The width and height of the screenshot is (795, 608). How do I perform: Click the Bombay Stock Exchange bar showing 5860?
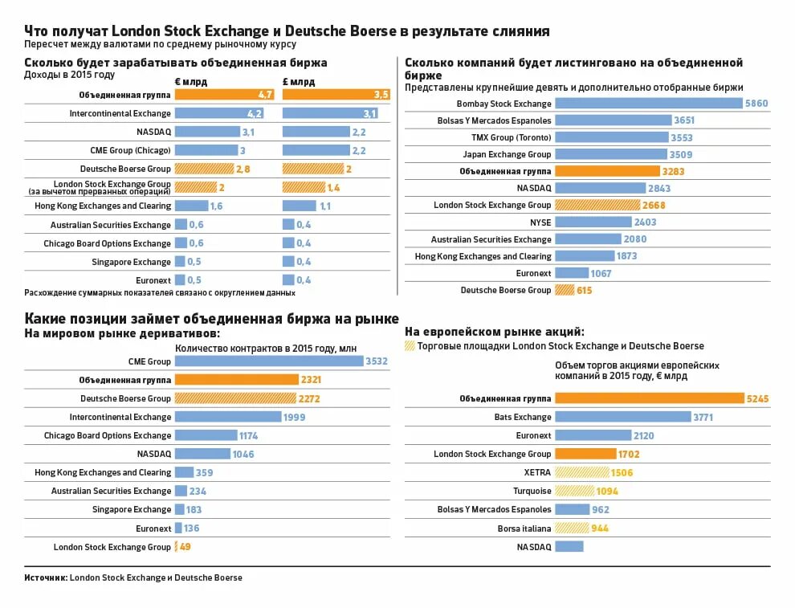649,104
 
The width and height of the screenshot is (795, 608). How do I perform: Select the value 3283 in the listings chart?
672,171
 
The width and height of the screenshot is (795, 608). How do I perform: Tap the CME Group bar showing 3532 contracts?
269,361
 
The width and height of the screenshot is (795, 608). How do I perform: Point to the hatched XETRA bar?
581,472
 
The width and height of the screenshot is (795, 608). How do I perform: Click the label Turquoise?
532,491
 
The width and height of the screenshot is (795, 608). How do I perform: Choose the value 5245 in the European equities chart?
757,398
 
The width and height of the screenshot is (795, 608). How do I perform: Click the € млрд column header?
190,82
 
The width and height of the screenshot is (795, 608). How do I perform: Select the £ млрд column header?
299,82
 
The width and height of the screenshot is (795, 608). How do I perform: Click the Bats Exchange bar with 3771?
622,417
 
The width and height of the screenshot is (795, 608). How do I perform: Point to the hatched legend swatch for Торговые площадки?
410,346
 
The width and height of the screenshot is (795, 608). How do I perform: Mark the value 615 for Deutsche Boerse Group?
584,290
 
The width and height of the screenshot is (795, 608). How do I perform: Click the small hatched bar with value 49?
177,547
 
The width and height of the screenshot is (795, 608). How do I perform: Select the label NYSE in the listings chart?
540,222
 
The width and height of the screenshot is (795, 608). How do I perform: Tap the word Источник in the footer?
45,577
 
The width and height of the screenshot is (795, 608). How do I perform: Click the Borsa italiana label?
524,528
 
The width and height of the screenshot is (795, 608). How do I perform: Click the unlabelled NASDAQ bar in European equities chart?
569,547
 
